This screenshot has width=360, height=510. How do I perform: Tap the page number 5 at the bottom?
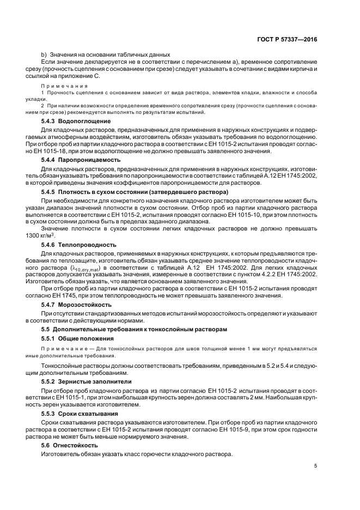[x=316, y=465]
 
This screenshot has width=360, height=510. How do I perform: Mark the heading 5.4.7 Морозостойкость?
[x=77, y=305]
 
